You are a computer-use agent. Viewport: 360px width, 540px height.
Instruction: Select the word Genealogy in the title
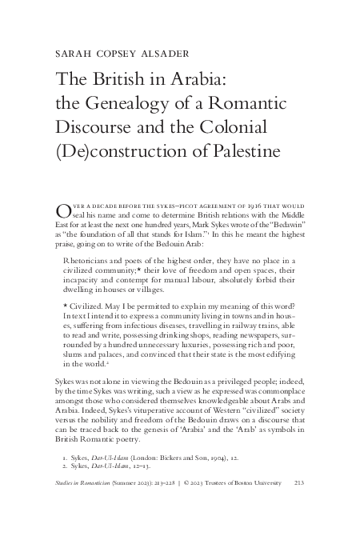pyautogui.click(x=146, y=103)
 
